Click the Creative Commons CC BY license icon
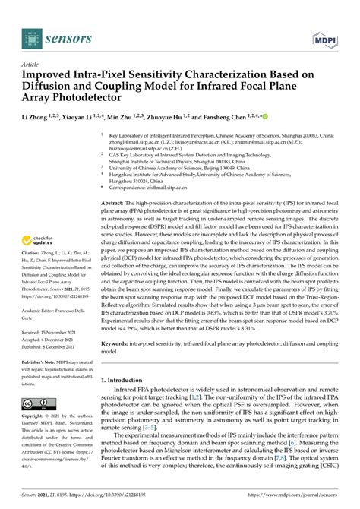(x=37, y=405)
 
